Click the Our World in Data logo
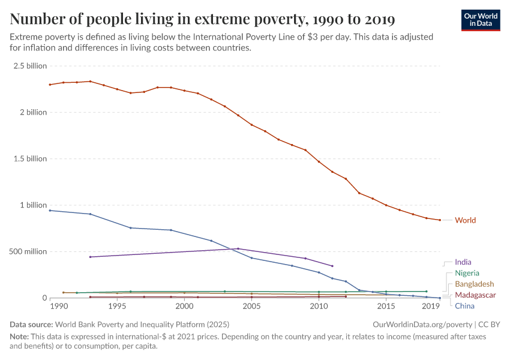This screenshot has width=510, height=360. (480, 20)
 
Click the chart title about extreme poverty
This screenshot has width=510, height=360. (202, 20)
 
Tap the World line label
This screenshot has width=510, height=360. (465, 220)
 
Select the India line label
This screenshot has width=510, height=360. (463, 262)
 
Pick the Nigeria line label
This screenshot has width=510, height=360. (467, 273)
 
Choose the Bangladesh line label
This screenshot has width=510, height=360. (474, 284)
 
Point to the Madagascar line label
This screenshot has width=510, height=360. (475, 295)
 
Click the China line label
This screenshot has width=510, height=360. (464, 306)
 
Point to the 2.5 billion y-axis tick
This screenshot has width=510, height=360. (29, 66)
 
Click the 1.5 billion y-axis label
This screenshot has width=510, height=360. (29, 159)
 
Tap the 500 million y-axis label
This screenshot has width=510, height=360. (28, 251)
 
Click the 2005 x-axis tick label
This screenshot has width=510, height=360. (251, 307)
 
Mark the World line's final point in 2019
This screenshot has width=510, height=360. (440, 220)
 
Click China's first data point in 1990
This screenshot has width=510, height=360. (50, 211)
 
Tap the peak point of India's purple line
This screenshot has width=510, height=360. (238, 248)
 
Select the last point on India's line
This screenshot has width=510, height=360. (332, 266)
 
